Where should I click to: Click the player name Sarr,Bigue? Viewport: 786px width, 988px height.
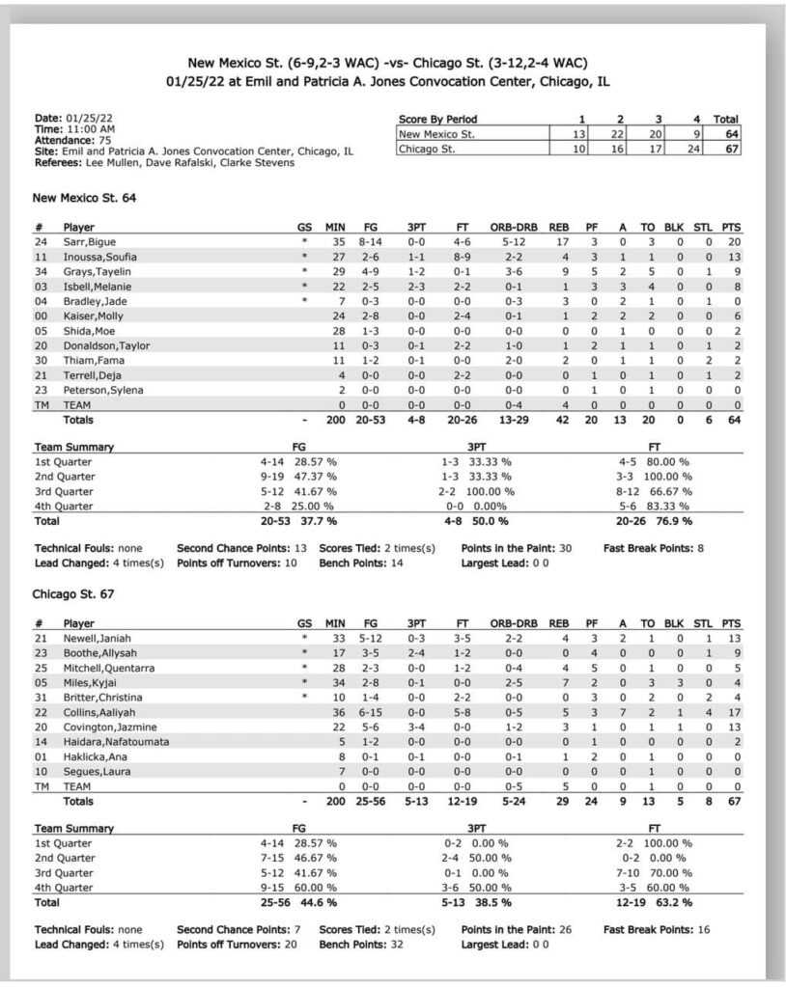(x=90, y=241)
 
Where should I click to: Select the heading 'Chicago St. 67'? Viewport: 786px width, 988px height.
(x=72, y=594)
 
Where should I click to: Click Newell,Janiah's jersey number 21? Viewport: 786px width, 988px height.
(x=42, y=638)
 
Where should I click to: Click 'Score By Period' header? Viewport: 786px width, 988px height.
(x=437, y=120)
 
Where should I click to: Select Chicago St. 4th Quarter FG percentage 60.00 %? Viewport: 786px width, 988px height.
(x=312, y=888)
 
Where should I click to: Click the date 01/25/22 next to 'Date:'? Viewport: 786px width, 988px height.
(x=91, y=118)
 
